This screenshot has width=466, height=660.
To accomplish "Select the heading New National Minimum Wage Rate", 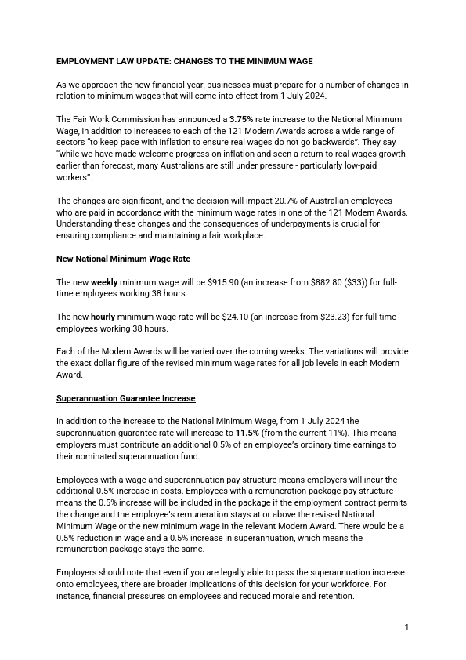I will [123, 259].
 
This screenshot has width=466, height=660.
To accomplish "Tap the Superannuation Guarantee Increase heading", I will [125, 398].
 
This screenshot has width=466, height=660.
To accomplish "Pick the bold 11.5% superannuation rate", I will [248, 433].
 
